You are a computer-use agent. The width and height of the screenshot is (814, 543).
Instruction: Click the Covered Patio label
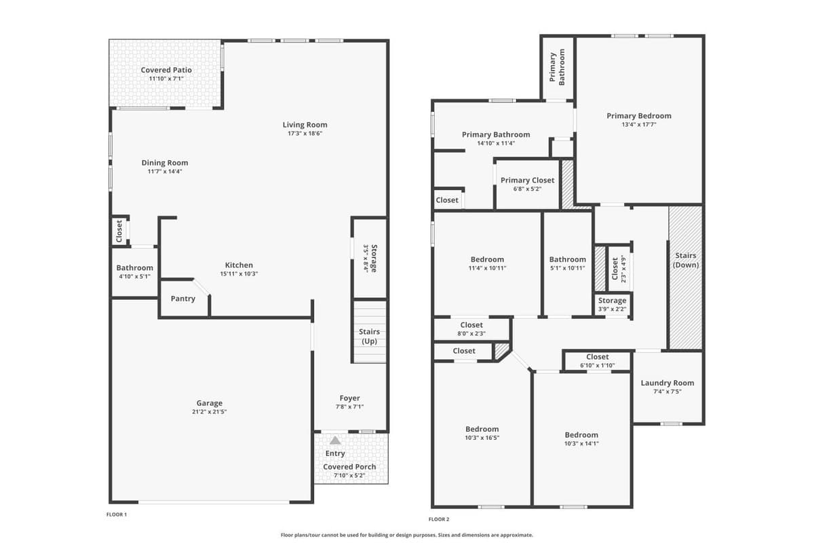(x=166, y=70)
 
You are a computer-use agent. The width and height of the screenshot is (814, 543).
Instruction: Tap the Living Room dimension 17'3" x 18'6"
(x=305, y=134)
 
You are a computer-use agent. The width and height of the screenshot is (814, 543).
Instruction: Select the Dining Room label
(x=165, y=163)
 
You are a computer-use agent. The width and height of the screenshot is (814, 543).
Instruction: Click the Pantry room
(x=182, y=299)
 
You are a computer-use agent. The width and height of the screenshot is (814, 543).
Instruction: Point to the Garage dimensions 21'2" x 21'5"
(x=210, y=412)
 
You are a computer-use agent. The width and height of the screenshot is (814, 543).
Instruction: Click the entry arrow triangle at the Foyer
(x=335, y=441)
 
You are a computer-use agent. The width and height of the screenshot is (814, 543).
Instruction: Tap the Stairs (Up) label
(x=370, y=336)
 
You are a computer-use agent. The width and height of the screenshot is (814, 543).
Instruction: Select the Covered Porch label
(x=349, y=467)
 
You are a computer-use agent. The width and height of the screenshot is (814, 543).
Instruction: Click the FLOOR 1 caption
(x=117, y=514)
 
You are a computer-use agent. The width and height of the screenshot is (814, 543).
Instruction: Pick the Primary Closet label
(x=527, y=181)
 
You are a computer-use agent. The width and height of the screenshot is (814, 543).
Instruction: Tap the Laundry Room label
(x=667, y=383)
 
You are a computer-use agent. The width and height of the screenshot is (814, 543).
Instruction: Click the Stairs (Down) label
(x=686, y=260)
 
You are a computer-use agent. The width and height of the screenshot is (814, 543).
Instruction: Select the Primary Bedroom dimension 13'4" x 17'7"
(x=639, y=125)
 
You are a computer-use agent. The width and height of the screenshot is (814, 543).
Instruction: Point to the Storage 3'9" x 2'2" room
(x=612, y=304)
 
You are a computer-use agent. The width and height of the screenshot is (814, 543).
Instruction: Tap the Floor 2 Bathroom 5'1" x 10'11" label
(x=567, y=259)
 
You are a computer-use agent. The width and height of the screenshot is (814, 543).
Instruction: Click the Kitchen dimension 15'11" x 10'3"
(x=239, y=274)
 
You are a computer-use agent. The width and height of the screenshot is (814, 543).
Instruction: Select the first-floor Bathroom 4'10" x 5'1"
(x=134, y=272)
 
